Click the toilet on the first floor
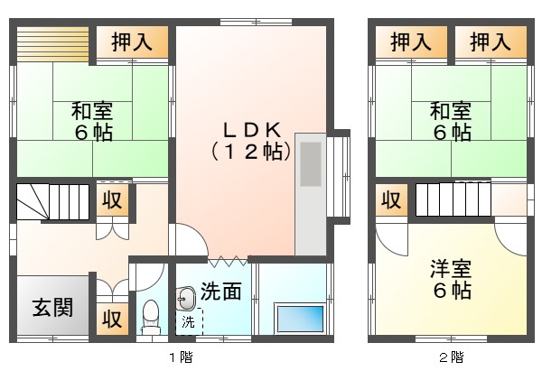(x=151, y=316)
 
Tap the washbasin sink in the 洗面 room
(x=185, y=299)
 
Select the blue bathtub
(x=301, y=319)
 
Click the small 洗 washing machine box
(x=189, y=322)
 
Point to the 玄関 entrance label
(x=53, y=307)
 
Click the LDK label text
(x=252, y=130)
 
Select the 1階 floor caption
(x=181, y=357)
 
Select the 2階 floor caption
(x=452, y=357)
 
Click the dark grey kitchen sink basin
(x=311, y=164)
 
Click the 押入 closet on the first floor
(x=132, y=42)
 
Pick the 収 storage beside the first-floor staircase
(x=112, y=200)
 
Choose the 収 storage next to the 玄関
(x=112, y=319)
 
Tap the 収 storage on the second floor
(x=392, y=200)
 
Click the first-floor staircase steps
(x=53, y=202)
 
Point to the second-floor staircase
(x=453, y=199)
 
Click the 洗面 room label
(x=221, y=291)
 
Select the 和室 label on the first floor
(x=92, y=111)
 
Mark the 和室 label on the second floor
(x=451, y=111)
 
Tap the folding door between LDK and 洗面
(x=229, y=261)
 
